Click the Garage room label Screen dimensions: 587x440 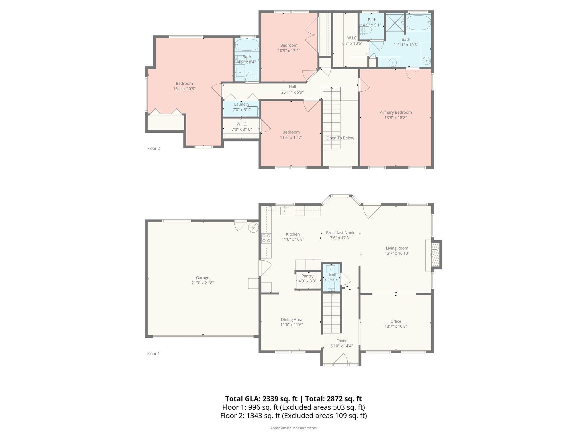pos(202,278)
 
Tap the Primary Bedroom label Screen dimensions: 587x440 pos(396,112)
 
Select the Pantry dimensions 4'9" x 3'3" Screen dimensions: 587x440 pos(307,281)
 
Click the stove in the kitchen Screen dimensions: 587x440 pos(266,238)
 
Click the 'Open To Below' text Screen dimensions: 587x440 pos(340,138)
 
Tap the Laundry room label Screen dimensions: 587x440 pos(242,104)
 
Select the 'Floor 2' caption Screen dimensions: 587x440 pos(153,148)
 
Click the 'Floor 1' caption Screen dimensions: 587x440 pos(153,353)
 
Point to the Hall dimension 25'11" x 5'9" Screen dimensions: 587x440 pos(292,92)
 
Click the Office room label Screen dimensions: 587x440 pos(396,321)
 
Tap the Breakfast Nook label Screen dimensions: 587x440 pos(340,233)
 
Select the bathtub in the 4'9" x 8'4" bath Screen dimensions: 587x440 pos(247,45)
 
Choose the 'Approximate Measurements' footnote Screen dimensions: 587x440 pos(293,428)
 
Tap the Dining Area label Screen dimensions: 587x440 pos(291,320)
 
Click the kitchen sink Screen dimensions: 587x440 pos(285,211)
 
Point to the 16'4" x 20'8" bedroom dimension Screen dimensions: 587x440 pos(184,89)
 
